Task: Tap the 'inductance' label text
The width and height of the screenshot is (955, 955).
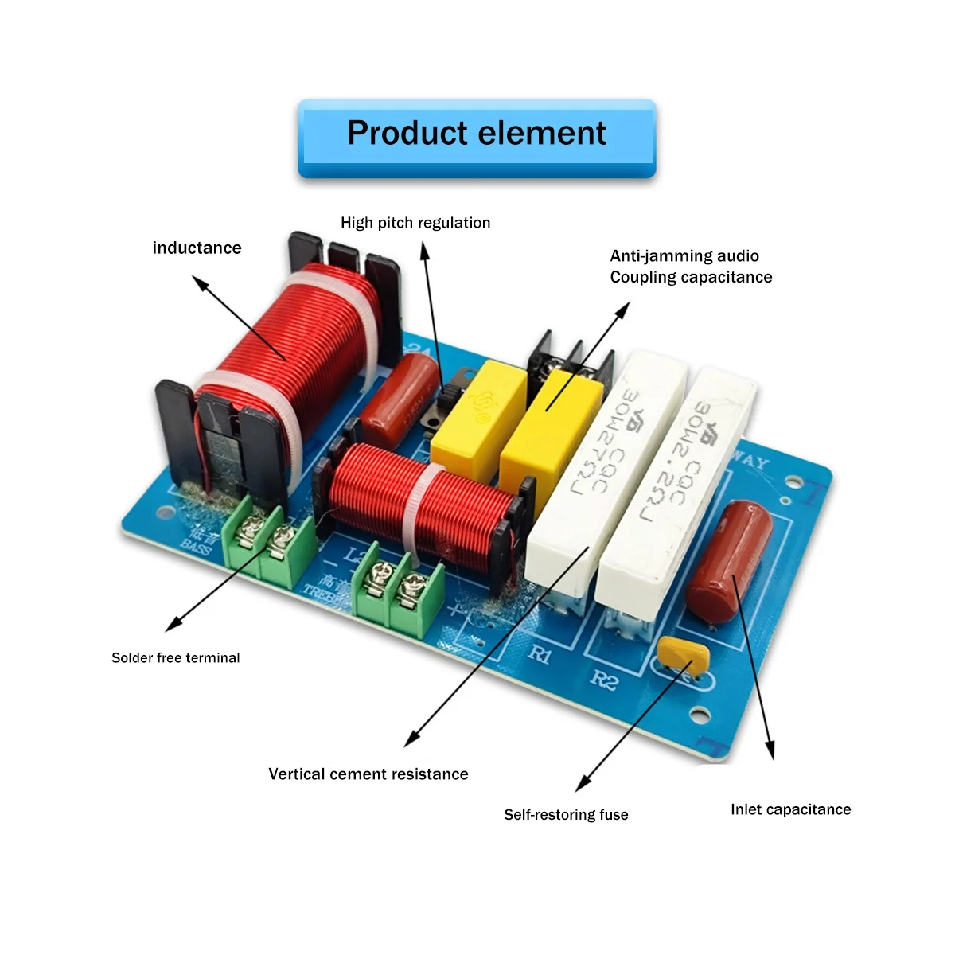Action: (x=197, y=248)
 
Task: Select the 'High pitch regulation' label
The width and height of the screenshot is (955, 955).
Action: (x=415, y=223)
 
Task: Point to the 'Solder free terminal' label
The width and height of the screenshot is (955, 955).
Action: (x=175, y=657)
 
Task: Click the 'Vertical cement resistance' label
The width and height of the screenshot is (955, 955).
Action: (x=368, y=774)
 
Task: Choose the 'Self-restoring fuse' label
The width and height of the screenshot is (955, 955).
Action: (x=566, y=814)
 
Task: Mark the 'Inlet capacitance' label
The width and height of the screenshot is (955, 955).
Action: (x=790, y=809)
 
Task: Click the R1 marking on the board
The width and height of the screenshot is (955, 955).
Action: (x=540, y=655)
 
